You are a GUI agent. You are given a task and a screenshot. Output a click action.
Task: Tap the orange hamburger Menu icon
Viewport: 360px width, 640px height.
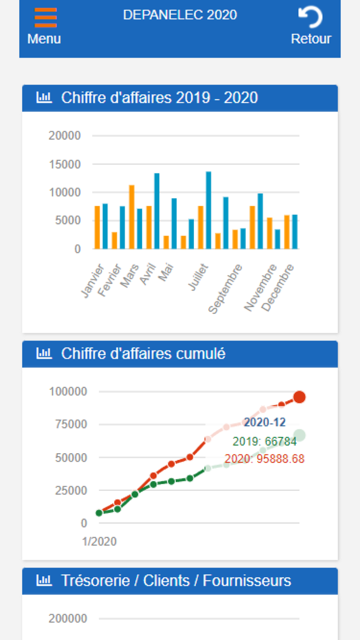click(45, 17)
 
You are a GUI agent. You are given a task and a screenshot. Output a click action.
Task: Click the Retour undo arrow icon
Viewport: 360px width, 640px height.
click(311, 17)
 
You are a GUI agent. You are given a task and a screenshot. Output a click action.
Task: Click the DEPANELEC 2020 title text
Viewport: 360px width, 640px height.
click(180, 15)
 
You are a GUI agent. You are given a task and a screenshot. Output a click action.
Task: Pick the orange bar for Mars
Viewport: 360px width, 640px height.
click(132, 217)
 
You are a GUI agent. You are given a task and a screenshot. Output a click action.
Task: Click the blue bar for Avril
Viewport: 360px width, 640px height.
click(157, 211)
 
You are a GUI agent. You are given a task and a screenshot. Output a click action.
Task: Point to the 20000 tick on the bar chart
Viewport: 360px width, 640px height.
click(65, 136)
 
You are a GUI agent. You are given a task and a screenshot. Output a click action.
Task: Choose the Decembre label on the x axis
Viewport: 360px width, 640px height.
click(278, 287)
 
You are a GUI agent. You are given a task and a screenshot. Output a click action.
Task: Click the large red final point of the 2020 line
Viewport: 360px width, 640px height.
click(299, 397)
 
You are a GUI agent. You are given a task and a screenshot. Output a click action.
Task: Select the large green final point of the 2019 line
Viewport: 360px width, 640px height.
click(299, 436)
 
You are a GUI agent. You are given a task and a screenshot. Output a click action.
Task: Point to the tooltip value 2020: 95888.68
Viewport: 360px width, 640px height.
click(264, 458)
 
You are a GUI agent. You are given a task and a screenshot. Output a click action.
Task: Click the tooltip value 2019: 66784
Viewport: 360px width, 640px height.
click(264, 441)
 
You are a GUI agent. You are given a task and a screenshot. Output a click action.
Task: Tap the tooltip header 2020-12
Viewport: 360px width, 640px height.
click(264, 423)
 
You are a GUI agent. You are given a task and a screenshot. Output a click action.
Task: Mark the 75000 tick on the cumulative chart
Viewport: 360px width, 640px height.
click(68, 424)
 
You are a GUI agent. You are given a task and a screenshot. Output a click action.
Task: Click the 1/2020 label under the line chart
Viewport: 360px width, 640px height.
click(99, 541)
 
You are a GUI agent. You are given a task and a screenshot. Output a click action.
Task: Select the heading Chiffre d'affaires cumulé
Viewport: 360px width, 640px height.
click(143, 354)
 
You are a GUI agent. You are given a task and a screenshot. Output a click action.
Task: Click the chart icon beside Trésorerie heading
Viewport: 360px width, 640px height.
click(44, 581)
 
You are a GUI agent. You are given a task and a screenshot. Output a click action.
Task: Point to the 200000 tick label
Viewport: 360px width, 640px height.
click(68, 618)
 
